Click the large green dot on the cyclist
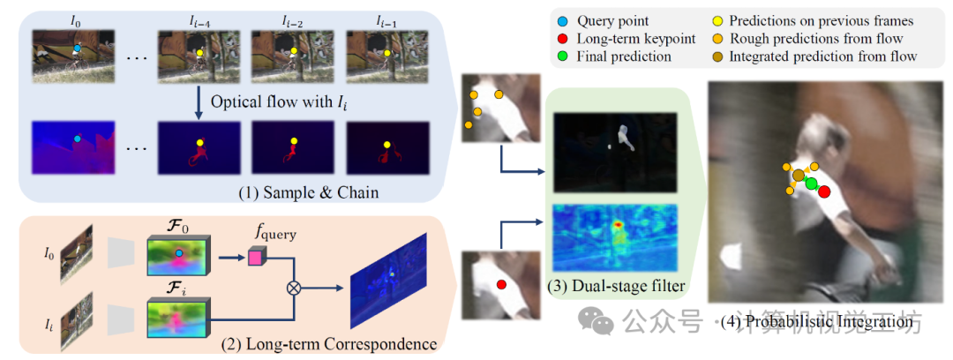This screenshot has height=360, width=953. coord(811,184)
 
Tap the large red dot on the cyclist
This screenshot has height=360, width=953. coord(824,191)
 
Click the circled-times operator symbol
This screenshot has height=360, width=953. coord(293,288)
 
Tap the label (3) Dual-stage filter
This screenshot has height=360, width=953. coord(617,285)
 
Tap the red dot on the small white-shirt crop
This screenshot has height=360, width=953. coord(501,284)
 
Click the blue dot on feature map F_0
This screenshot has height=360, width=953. coord(179,253)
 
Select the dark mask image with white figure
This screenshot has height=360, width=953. coord(616,146)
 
